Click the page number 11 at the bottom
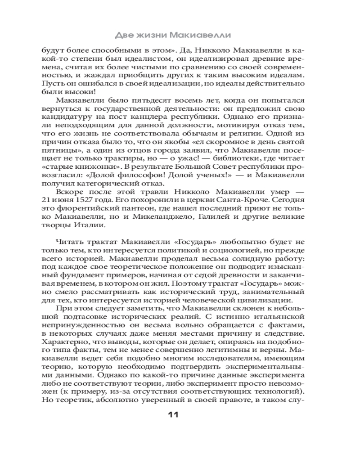[x=174, y=415]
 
